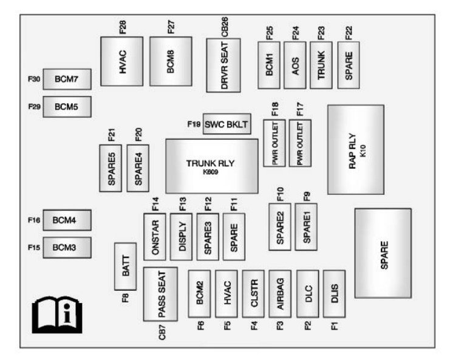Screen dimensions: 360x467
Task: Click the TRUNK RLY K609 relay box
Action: coord(211,166)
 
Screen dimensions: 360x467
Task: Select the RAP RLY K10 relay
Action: coord(355,149)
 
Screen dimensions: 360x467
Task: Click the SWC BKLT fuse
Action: coord(227,124)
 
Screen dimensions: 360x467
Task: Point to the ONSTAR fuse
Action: coord(154,233)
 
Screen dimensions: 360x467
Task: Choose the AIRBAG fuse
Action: coord(280,294)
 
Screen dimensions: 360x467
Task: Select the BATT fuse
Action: coord(125,266)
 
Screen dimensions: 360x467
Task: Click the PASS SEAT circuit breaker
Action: coord(160,294)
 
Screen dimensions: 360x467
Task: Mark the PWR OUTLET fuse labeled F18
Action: coord(274,143)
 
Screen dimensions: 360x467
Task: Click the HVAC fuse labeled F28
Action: coord(121,61)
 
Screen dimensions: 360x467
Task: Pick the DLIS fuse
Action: coord(334,294)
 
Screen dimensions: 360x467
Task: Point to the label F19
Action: coord(194,124)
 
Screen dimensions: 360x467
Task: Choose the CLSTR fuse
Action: coord(253,294)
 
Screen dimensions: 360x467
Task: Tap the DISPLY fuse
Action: coord(181,233)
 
